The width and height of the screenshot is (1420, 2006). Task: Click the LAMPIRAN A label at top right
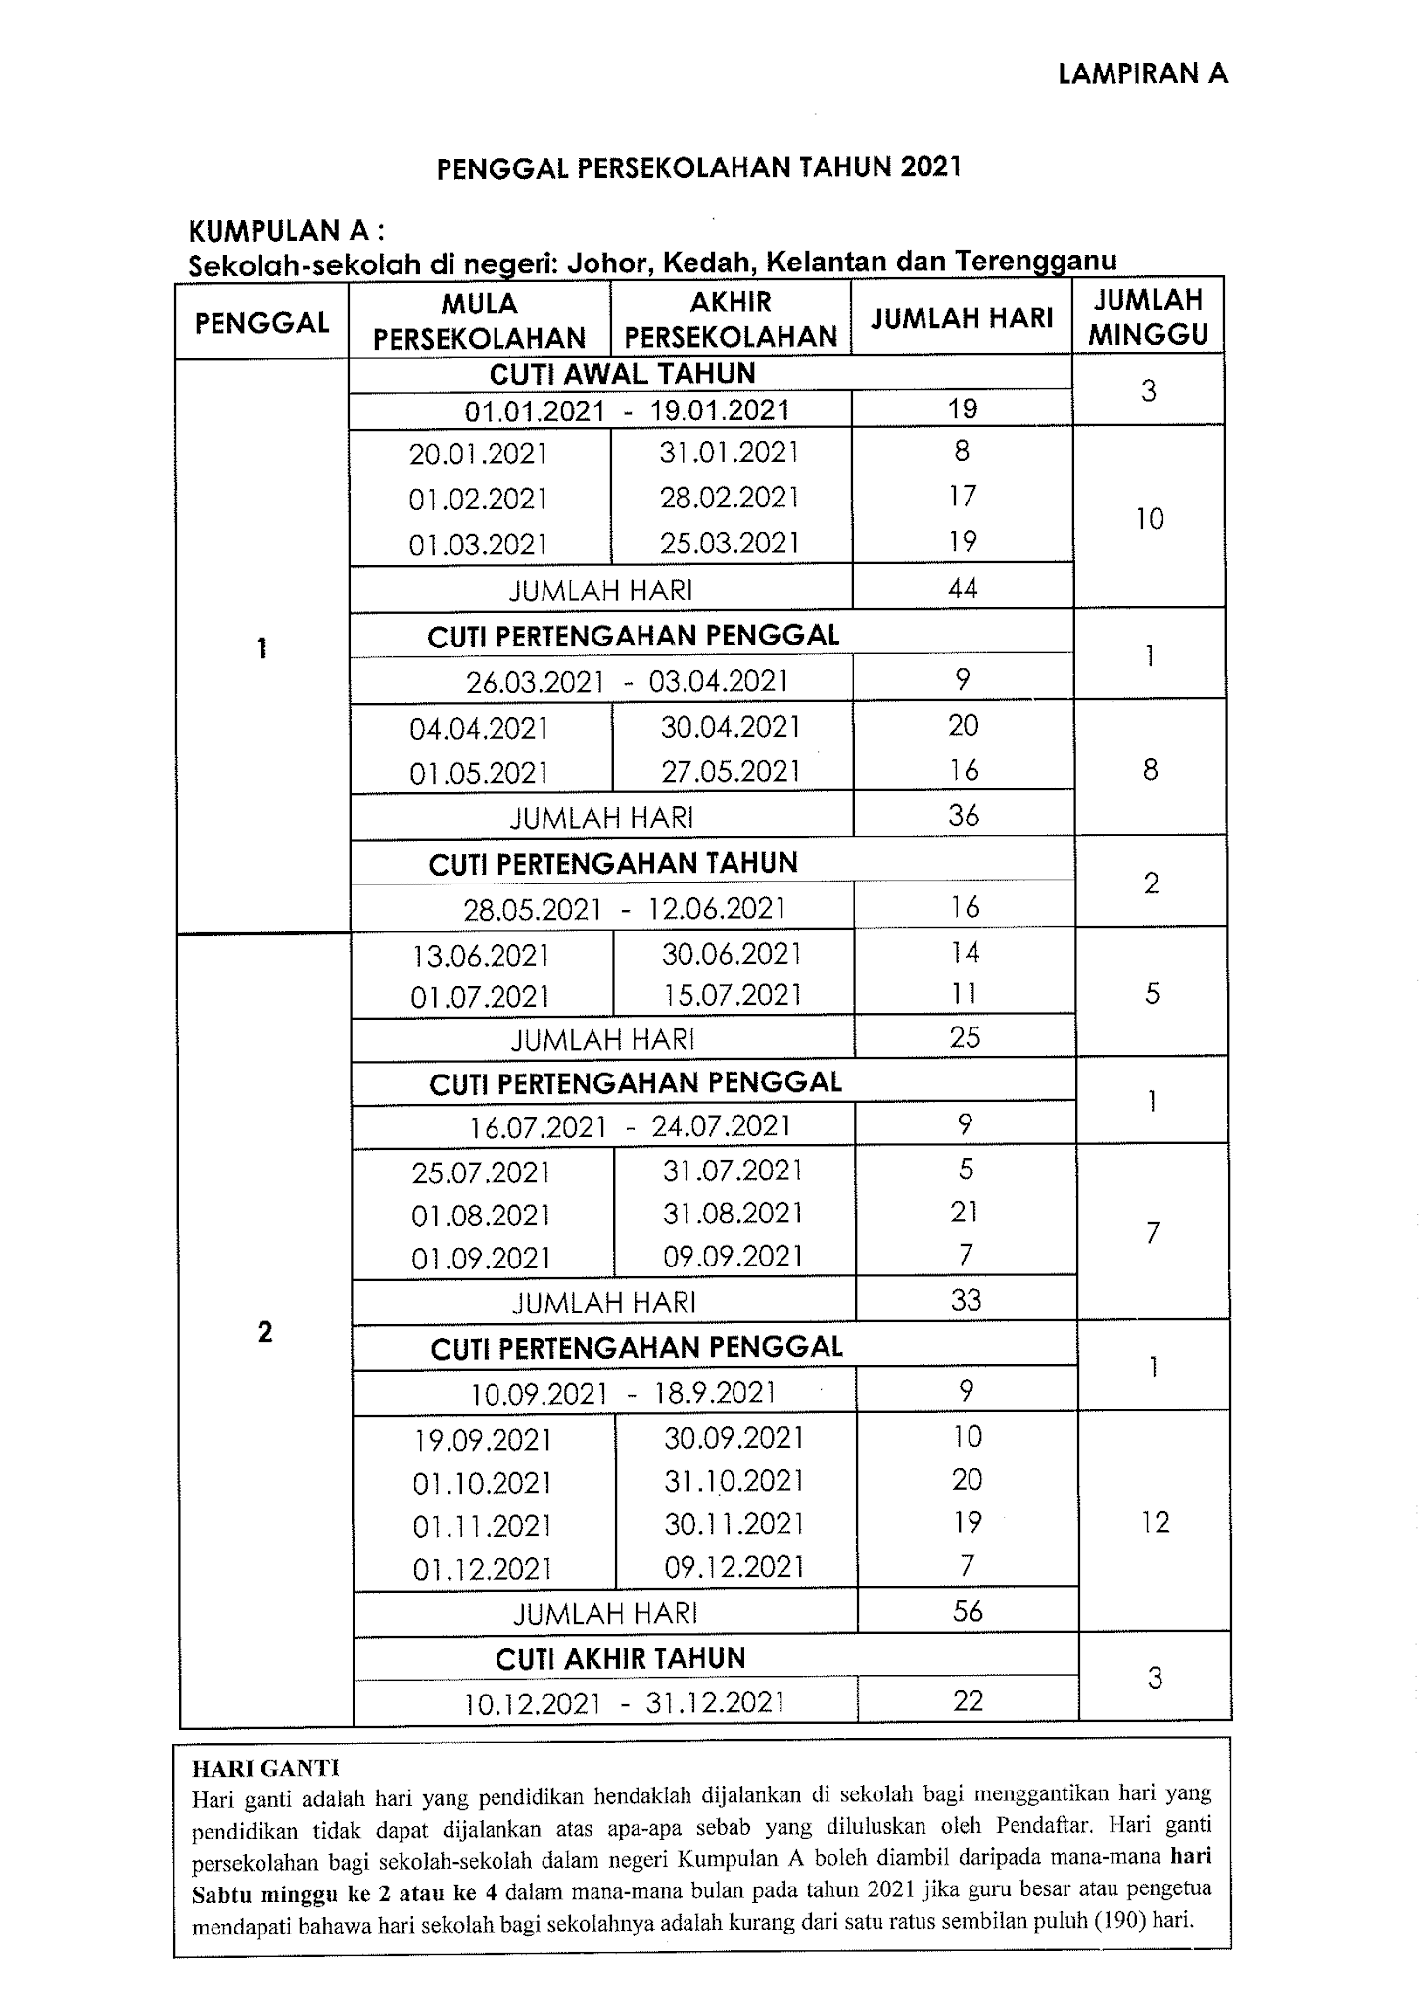click(x=1142, y=73)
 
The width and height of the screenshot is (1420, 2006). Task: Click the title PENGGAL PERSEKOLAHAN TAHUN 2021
click(x=698, y=167)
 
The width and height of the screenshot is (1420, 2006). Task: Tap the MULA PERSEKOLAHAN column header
click(x=479, y=320)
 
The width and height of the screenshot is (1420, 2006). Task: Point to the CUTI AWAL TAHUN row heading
click(x=622, y=373)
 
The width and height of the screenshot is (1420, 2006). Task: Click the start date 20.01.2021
click(x=478, y=454)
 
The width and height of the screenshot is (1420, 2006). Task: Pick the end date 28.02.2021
click(x=730, y=498)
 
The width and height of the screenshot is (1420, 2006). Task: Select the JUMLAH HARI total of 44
click(x=963, y=588)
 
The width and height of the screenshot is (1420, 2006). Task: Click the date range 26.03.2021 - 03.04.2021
click(x=627, y=681)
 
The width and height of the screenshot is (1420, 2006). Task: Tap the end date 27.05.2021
click(x=731, y=772)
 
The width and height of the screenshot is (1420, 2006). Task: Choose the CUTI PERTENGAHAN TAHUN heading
click(x=613, y=864)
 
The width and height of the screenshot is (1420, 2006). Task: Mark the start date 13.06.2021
click(x=481, y=955)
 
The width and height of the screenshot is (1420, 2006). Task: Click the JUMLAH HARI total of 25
click(x=965, y=1037)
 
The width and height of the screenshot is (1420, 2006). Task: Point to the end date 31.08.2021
click(x=733, y=1214)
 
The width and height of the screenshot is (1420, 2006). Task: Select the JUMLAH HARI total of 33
click(x=967, y=1300)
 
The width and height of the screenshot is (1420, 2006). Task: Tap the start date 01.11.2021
click(x=482, y=1526)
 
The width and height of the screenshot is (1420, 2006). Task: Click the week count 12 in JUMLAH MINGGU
click(x=1156, y=1521)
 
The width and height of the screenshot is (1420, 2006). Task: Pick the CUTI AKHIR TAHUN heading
click(x=620, y=1658)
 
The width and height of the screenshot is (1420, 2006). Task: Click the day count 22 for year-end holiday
click(x=968, y=1700)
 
